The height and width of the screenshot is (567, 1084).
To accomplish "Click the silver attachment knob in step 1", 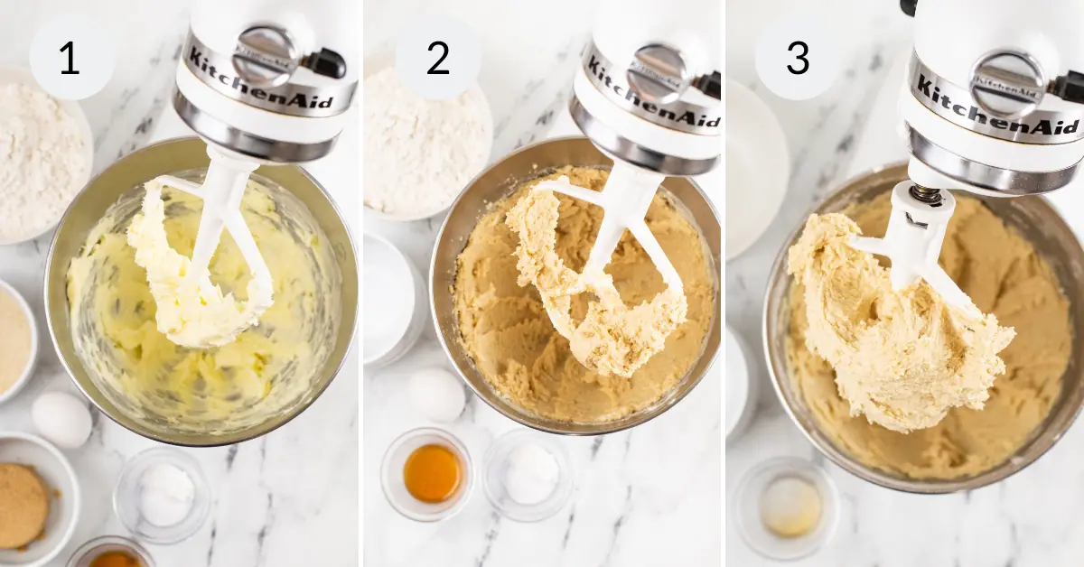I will coord(264,54).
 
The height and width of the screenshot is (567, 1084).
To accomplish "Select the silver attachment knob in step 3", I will coord(1005,82).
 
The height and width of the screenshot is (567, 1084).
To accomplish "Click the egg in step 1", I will coord(61,419).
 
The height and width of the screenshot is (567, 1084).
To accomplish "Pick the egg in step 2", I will coord(437,395).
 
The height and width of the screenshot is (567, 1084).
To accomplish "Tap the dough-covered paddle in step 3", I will coord(894,325).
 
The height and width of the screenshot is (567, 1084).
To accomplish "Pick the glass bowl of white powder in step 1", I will coord(165,495).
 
